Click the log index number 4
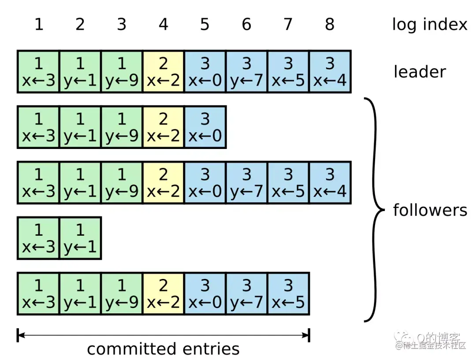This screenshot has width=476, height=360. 164,24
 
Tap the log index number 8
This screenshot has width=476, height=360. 330,24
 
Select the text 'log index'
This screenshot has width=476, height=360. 429,24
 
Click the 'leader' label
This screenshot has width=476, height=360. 419,71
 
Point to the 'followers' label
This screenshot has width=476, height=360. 430,210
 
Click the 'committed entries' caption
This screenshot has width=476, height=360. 163,349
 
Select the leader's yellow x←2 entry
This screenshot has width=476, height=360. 164,71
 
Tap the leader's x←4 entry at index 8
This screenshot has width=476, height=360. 330,71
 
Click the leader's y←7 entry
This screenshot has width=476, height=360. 246,71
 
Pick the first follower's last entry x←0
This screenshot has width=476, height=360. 205,127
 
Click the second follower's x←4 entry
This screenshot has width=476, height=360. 330,182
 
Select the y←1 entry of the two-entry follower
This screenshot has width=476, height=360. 80,238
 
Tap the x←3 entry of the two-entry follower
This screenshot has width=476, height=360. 39,238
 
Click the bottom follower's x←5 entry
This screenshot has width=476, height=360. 288,293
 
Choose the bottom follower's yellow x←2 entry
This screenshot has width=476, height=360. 164,293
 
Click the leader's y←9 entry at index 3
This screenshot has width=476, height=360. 122,71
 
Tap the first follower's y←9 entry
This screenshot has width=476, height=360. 122,127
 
